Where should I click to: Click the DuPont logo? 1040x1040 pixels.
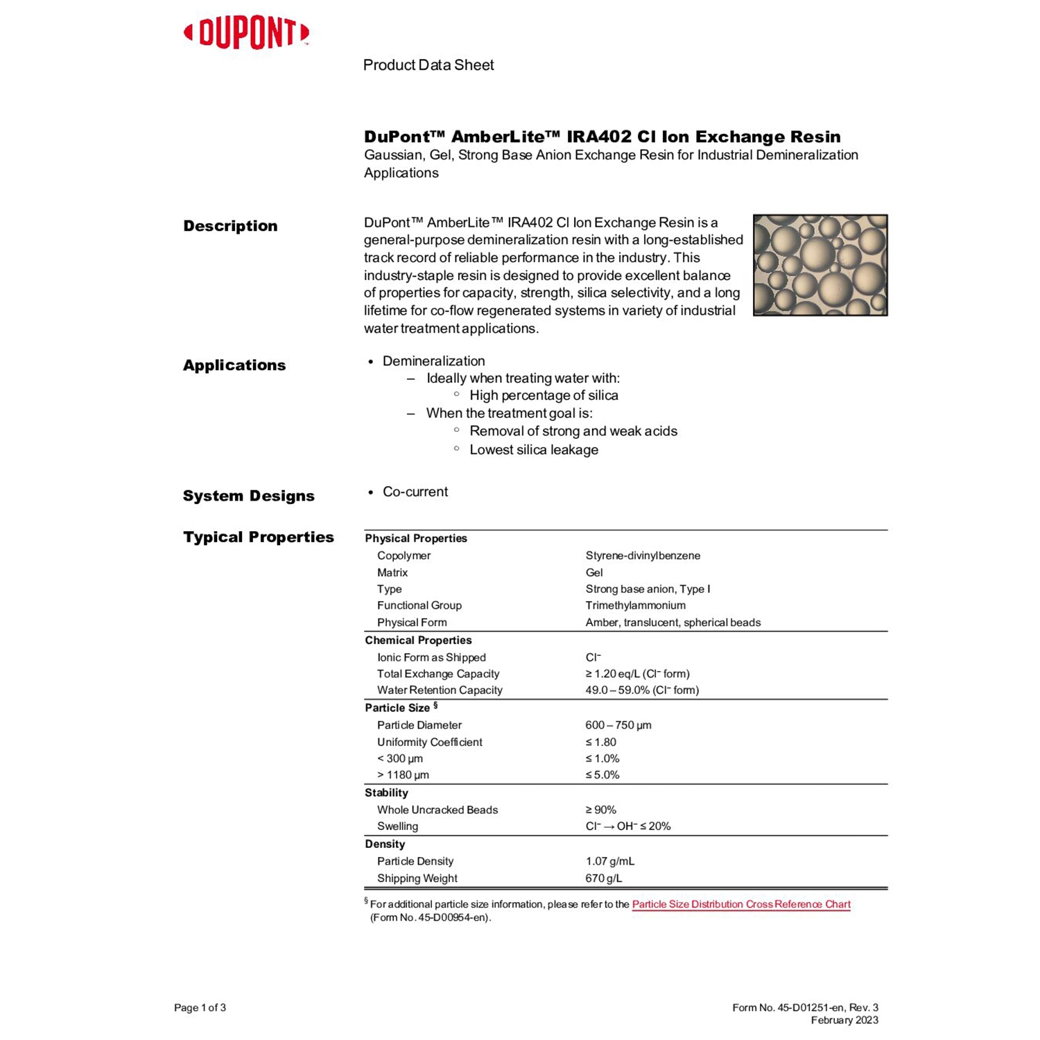tap(246, 33)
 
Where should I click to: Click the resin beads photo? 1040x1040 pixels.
tap(820, 265)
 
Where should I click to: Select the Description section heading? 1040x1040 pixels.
tap(230, 226)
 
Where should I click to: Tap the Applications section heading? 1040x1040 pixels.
tap(234, 365)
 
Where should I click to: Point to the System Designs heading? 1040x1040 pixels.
tap(248, 496)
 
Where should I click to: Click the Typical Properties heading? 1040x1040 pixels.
tap(258, 537)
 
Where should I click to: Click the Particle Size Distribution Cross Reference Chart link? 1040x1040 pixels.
tap(740, 904)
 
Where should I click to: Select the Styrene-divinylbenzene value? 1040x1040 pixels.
tap(643, 555)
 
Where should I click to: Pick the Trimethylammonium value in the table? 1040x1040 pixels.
tap(635, 605)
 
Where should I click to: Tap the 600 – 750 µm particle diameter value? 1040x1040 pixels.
tap(618, 725)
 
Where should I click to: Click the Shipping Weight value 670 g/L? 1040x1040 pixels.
tap(603, 878)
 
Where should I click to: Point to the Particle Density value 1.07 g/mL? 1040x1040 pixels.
tap(609, 861)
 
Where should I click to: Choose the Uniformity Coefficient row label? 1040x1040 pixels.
tap(429, 742)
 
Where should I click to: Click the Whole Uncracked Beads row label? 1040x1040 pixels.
tap(437, 810)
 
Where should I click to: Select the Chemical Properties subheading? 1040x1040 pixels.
tap(418, 640)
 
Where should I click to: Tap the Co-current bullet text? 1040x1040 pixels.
tap(415, 492)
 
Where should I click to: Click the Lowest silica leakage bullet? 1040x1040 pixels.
tap(533, 450)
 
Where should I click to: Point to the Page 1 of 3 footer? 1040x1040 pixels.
tap(200, 1007)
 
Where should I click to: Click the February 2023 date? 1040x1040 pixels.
tap(844, 1020)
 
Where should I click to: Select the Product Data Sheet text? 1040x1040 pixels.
tap(428, 65)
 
